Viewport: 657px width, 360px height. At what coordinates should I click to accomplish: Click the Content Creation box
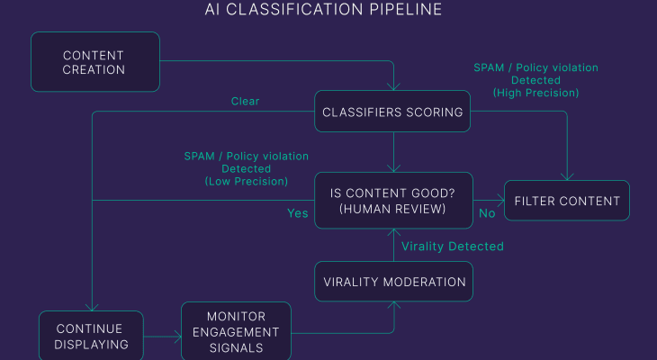point(94,62)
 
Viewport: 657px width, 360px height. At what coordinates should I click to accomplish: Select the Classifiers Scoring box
point(393,112)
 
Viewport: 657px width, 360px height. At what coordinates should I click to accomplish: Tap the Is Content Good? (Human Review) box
point(393,201)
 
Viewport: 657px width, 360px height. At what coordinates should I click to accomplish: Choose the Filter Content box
point(566,201)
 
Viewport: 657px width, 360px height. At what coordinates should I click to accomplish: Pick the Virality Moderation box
point(393,282)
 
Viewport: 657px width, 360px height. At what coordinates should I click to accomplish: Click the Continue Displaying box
point(89,336)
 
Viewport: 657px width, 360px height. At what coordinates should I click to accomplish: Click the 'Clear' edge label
point(245,102)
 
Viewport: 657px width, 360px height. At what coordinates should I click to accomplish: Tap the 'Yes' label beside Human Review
point(297,213)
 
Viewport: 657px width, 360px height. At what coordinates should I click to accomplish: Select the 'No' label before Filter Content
point(487,213)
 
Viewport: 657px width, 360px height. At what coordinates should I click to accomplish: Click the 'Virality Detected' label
point(452,246)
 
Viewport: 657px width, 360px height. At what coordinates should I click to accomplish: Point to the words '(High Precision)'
point(535,93)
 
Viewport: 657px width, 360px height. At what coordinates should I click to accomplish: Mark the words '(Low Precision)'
point(246,181)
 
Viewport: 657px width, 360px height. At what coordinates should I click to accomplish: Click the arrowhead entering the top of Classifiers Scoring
point(393,86)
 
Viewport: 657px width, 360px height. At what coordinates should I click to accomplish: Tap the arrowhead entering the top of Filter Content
point(566,176)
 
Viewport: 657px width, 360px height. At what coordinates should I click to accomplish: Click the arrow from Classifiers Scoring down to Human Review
point(393,153)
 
